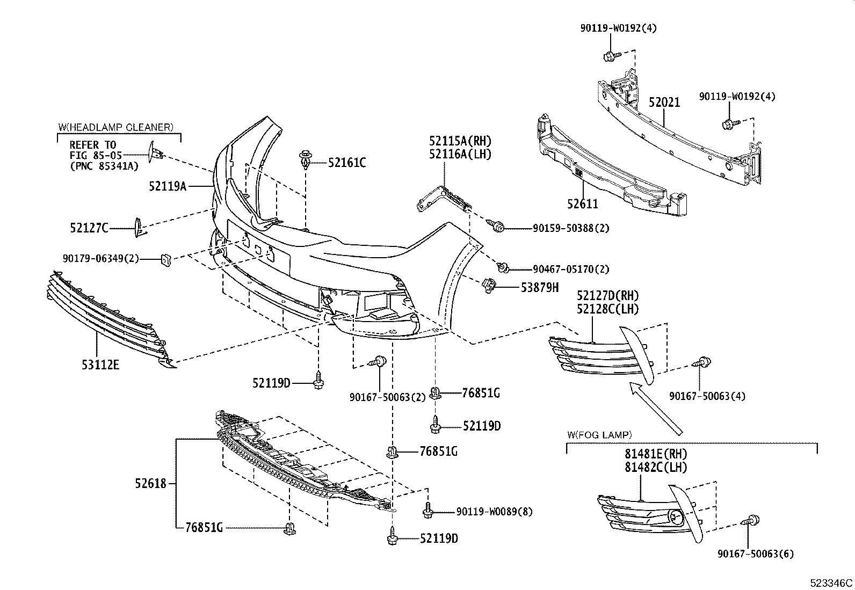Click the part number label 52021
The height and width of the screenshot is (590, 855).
(x=664, y=102)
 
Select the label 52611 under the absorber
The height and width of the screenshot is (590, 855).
(x=582, y=203)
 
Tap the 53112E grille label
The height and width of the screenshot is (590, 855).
(x=100, y=365)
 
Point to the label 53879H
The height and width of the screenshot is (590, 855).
(x=539, y=287)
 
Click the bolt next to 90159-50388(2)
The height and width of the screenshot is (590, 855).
(x=497, y=227)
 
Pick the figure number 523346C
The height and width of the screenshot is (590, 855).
(x=831, y=583)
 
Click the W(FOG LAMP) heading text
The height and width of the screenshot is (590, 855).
(x=599, y=434)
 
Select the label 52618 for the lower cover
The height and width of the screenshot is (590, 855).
(x=152, y=484)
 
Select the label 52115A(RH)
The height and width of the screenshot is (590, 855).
(x=460, y=141)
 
